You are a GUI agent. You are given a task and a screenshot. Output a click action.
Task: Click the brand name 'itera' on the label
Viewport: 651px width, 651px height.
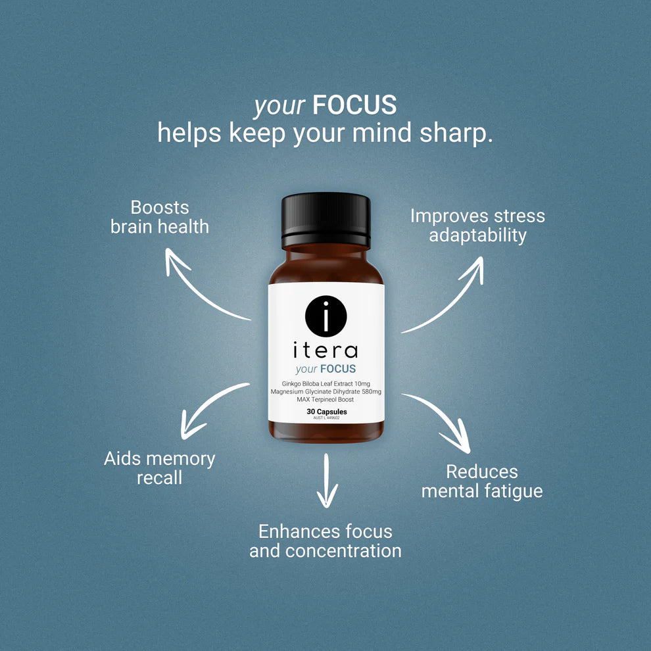(x=325, y=349)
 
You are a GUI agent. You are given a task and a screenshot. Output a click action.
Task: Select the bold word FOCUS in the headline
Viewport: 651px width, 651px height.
(x=354, y=105)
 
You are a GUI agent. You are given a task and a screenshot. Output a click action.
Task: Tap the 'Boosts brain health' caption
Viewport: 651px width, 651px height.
(x=160, y=217)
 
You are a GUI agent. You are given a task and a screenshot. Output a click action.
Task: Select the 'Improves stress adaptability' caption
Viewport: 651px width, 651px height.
(x=477, y=226)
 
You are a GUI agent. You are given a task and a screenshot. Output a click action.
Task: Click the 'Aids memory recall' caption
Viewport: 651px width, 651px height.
(x=160, y=468)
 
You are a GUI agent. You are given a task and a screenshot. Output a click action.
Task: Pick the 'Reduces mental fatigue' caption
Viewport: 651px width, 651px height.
(x=482, y=481)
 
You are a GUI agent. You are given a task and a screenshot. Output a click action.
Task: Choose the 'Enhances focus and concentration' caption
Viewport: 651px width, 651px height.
(x=325, y=541)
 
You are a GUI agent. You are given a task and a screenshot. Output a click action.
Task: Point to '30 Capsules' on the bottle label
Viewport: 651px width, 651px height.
(x=326, y=412)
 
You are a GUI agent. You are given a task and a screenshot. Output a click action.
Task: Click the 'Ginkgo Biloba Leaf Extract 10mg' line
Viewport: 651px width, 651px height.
(x=326, y=383)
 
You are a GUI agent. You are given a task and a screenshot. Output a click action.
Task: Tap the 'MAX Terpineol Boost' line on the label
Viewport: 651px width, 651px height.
(x=326, y=400)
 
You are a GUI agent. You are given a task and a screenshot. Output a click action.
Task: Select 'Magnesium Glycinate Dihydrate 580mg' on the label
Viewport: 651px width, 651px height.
(x=326, y=391)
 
